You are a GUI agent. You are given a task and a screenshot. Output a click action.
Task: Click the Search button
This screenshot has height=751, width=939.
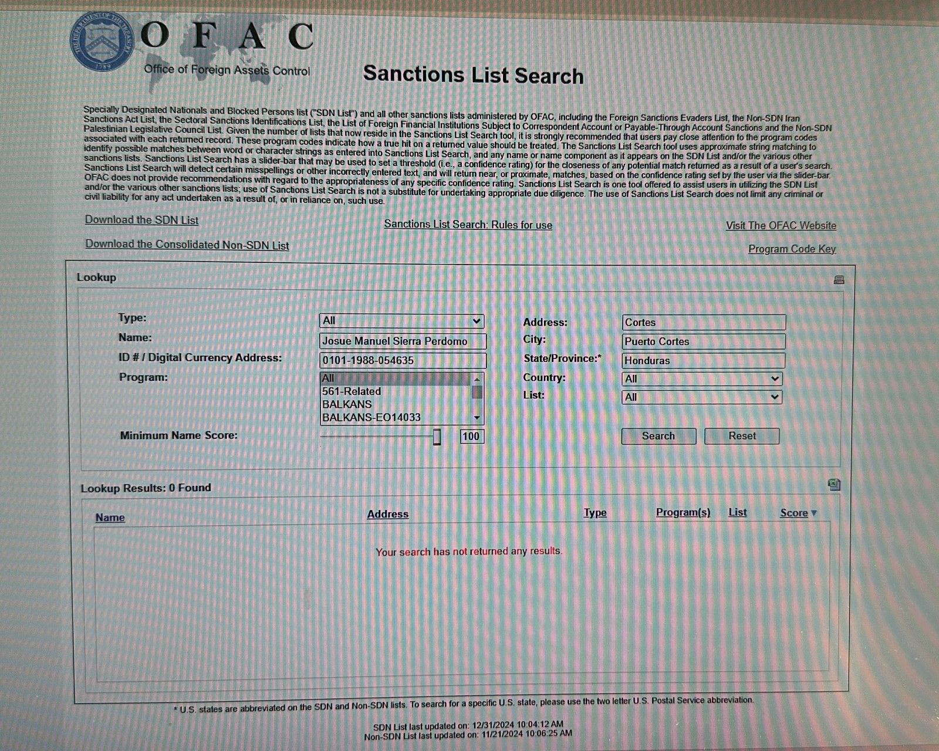(658, 436)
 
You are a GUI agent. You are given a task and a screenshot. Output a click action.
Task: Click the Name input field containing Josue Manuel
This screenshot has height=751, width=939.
(403, 341)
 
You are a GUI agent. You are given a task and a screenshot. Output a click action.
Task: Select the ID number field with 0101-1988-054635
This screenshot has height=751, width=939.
(403, 360)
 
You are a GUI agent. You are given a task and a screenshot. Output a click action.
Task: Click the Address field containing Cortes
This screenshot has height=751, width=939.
(703, 322)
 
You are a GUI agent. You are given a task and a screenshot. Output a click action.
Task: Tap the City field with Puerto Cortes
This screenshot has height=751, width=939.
(703, 341)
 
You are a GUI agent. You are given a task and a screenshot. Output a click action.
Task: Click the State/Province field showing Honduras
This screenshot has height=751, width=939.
(703, 360)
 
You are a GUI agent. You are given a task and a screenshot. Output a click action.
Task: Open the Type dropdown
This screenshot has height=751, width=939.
(401, 321)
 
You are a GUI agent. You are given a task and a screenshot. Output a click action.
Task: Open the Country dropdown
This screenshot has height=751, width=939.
(701, 379)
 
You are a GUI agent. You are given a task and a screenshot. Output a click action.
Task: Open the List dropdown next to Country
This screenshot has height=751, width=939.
(701, 397)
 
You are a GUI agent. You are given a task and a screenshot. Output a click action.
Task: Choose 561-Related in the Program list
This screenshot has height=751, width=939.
(352, 391)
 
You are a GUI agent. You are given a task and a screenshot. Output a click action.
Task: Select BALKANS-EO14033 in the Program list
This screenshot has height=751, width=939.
(371, 418)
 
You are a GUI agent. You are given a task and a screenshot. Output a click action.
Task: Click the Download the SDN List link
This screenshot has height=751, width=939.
(141, 220)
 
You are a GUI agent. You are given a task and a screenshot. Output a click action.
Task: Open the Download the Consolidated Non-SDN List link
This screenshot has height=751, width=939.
(187, 245)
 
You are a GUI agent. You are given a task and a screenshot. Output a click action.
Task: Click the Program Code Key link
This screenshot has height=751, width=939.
(792, 249)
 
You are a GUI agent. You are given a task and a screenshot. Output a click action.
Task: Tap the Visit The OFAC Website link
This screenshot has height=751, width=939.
(781, 225)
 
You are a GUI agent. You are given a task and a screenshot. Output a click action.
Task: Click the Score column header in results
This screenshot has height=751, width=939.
(795, 513)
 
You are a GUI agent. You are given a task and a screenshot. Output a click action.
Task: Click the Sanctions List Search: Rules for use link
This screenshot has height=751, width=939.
(468, 225)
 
